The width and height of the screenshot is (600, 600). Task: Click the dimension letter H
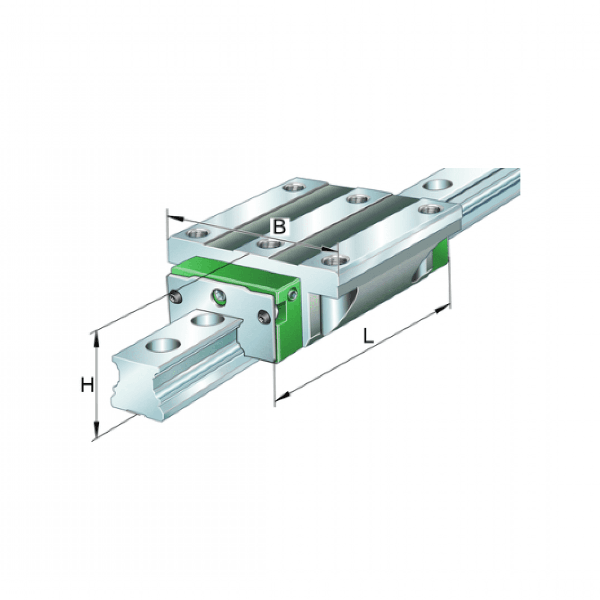tap(87, 385)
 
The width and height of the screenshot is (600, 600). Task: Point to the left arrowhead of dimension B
tap(174, 218)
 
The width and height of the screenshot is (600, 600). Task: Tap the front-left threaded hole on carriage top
tap(195, 233)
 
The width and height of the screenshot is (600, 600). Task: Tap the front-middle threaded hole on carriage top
tap(266, 244)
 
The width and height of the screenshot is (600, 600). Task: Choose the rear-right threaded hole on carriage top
tap(429, 209)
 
